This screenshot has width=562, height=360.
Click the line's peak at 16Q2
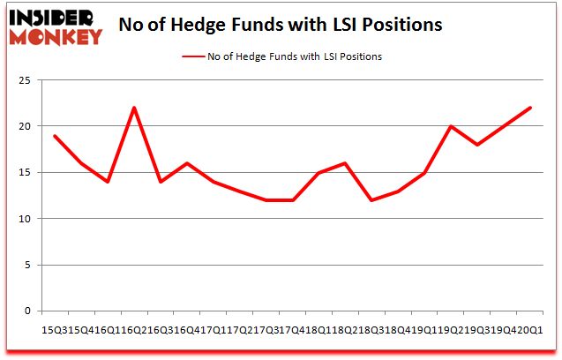click(x=134, y=108)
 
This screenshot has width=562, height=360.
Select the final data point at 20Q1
click(x=530, y=108)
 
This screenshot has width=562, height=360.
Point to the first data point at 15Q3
click(x=55, y=136)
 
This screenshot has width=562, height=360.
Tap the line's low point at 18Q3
click(x=371, y=200)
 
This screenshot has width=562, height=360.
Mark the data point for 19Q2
click(x=451, y=126)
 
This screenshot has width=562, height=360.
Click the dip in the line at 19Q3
click(x=477, y=145)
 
